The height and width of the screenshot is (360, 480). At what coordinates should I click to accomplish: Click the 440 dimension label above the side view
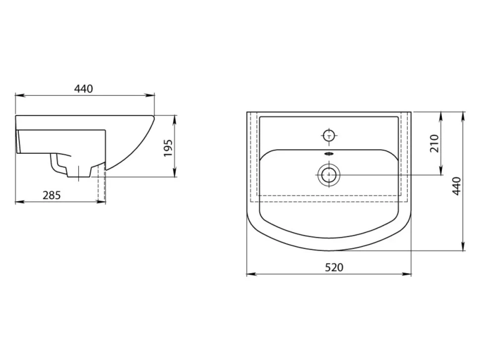pyautogui.click(x=83, y=89)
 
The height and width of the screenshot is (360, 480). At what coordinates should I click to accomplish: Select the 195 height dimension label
pyautogui.click(x=168, y=148)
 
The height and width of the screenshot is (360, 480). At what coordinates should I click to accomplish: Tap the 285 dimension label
pyautogui.click(x=52, y=195)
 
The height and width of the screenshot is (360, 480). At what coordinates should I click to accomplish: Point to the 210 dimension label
pyautogui.click(x=434, y=143)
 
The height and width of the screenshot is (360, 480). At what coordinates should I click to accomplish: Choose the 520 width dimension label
pyautogui.click(x=334, y=268)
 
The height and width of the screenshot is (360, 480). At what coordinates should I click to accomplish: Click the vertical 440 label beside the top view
pyautogui.click(x=456, y=186)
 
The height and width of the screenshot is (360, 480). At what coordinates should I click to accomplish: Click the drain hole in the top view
pyautogui.click(x=329, y=175)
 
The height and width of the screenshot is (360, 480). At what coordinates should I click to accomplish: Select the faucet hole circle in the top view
pyautogui.click(x=329, y=135)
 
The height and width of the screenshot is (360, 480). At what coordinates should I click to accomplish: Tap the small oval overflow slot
pyautogui.click(x=329, y=153)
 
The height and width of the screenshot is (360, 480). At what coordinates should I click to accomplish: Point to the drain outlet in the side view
pyautogui.click(x=79, y=172)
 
